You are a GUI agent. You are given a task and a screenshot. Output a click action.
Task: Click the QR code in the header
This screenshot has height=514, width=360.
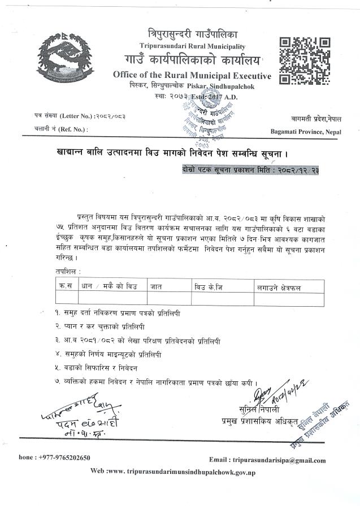point(305,59)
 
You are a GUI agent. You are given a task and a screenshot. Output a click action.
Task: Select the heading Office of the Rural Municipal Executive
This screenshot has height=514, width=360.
point(192,76)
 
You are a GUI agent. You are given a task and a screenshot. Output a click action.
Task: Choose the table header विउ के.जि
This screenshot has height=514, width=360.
point(208,288)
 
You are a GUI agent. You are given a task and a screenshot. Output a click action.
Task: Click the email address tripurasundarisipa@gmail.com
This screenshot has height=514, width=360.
point(267,460)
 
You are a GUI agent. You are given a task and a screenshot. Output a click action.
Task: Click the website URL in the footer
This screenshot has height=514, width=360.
point(177,471)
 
